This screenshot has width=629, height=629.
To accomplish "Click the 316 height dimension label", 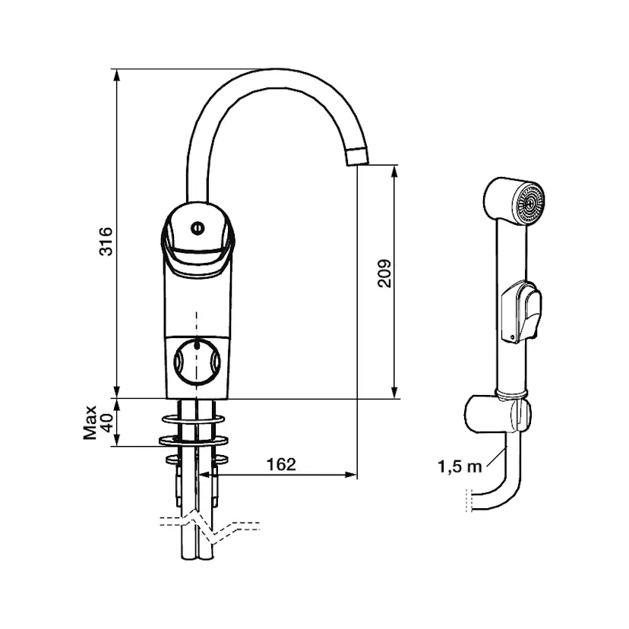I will click(108, 241).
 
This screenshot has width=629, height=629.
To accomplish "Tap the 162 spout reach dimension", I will click(281, 465).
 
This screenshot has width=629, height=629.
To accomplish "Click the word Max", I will click(90, 422).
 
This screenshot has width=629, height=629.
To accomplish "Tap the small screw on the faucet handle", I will click(199, 226).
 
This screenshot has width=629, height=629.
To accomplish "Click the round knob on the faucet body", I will click(197, 360).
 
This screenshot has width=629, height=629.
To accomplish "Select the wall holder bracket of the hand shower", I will click(498, 414).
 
